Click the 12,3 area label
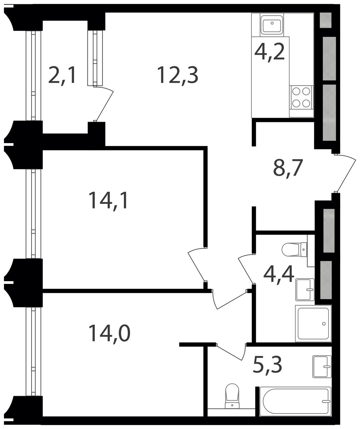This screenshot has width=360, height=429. click(x=178, y=75)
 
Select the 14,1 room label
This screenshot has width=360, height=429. click(x=108, y=199)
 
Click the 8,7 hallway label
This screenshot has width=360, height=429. click(x=288, y=168)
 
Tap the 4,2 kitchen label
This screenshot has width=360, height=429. click(x=269, y=51)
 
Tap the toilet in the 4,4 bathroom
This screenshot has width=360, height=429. click(x=294, y=250)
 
